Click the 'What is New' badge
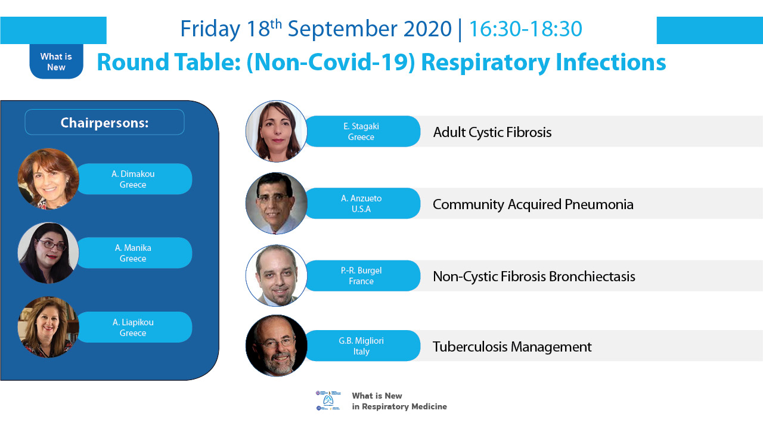[x=56, y=61]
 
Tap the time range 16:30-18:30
[x=526, y=29]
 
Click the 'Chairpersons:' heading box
[x=104, y=122]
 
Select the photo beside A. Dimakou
[x=48, y=179]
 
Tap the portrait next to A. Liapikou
[x=48, y=327]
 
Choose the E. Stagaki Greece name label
[x=362, y=132]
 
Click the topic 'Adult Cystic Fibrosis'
[x=492, y=132]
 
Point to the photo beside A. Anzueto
[x=276, y=203]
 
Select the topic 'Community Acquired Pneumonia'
[x=533, y=204]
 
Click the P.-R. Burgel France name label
[x=362, y=276]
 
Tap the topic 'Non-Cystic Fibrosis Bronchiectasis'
[x=534, y=276]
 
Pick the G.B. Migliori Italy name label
[x=362, y=346]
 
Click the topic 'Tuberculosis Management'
[x=512, y=347]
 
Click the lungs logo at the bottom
[x=328, y=400]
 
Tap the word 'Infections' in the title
[x=611, y=63]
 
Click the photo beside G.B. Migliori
[x=276, y=345]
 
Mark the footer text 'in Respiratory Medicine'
[x=399, y=406]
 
